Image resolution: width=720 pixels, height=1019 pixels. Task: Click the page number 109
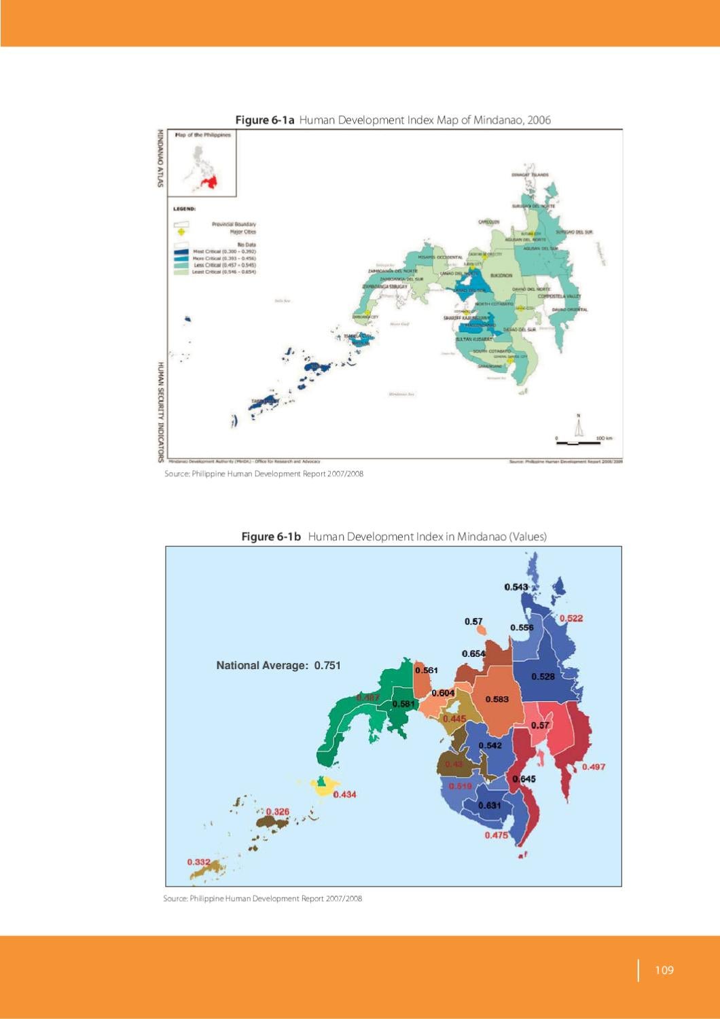click(x=664, y=970)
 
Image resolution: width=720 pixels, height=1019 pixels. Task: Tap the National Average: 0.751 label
click(x=278, y=666)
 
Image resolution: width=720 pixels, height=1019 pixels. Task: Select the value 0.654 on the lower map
click(x=473, y=654)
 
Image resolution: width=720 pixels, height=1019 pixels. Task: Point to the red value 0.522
click(x=571, y=618)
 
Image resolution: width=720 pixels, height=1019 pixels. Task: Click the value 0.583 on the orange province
click(x=497, y=699)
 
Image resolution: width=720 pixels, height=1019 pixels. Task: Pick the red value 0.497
click(x=593, y=767)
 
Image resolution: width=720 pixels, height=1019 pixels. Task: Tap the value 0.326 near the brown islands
click(x=277, y=812)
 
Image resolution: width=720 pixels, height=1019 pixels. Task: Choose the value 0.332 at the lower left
click(x=198, y=862)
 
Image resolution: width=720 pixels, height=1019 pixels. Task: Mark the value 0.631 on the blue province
click(x=489, y=806)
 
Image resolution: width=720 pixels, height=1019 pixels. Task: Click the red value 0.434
click(x=344, y=794)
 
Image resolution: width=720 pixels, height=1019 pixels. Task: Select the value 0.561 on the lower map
click(x=427, y=671)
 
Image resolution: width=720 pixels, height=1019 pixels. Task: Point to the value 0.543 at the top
click(x=516, y=587)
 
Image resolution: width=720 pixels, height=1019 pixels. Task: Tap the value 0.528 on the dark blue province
click(x=543, y=677)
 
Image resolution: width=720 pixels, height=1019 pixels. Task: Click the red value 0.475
click(x=496, y=836)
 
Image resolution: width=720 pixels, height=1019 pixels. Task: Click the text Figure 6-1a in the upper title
click(x=264, y=120)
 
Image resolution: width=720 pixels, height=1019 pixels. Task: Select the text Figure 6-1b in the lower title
click(x=271, y=537)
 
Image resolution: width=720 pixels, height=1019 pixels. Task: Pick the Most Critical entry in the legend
click(x=214, y=251)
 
